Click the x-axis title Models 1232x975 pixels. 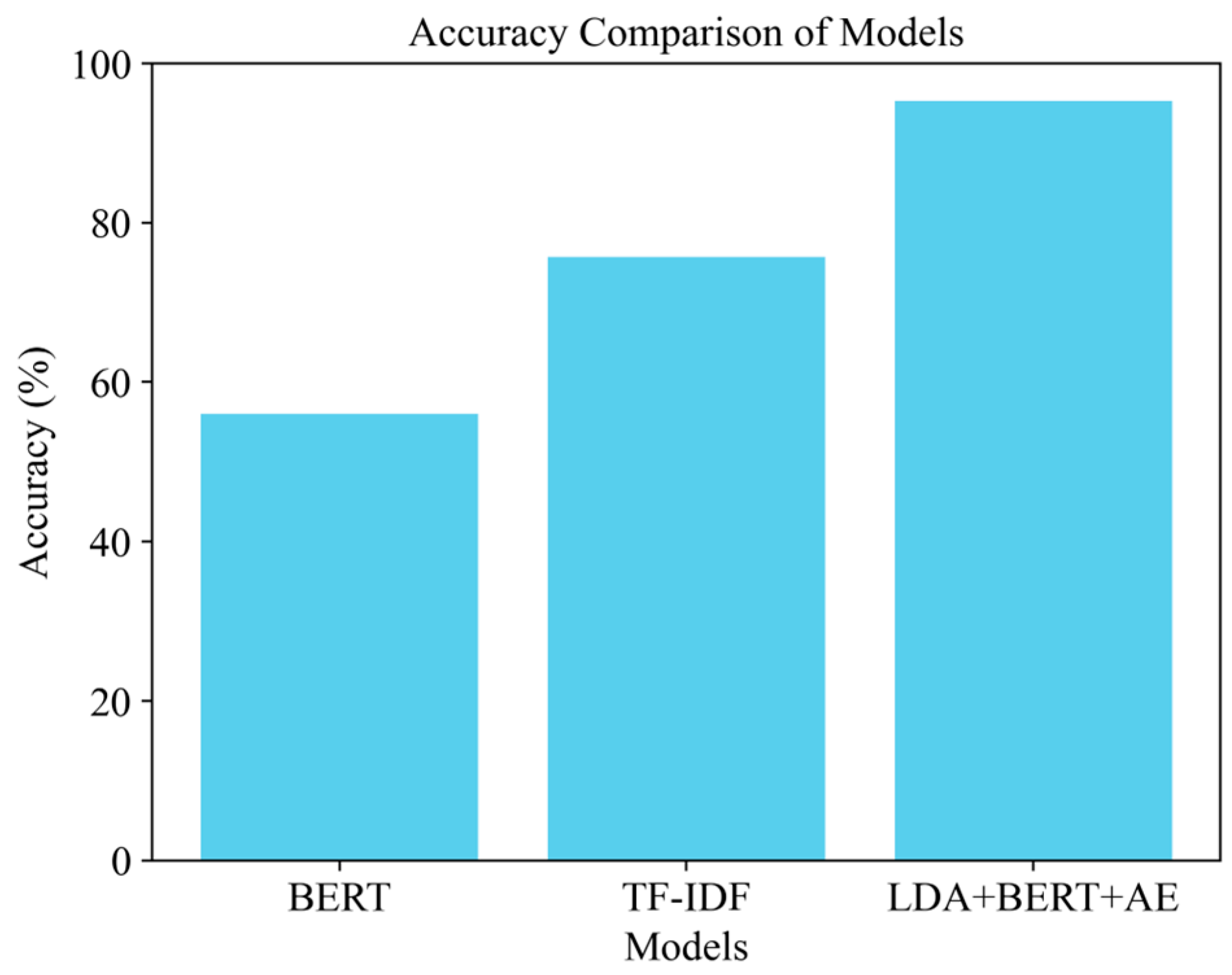point(686,947)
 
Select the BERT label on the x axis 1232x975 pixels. point(339,898)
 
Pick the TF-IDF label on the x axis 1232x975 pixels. point(686,898)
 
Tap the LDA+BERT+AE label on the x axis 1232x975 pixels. point(1033,898)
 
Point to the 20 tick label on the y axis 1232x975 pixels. point(110,703)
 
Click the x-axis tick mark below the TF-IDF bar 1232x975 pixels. point(686,867)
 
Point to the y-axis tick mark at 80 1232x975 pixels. point(147,223)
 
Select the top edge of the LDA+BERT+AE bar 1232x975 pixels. point(1033,102)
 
